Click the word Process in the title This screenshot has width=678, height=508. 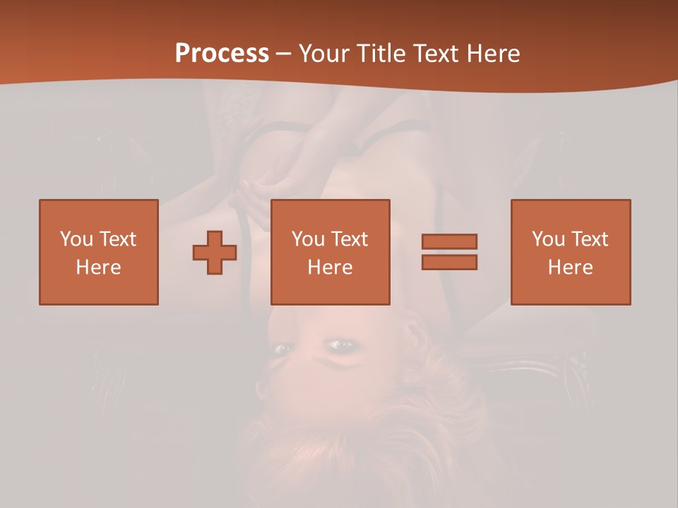[x=222, y=54]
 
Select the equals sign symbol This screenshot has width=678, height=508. [x=449, y=252]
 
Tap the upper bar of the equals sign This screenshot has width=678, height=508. [x=449, y=241]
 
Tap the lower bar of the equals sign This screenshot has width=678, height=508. [x=449, y=262]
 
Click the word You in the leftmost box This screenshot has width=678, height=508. [x=76, y=239]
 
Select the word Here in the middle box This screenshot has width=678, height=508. [x=330, y=267]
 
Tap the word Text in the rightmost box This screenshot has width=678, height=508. [x=589, y=239]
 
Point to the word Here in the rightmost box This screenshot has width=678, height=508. [x=571, y=267]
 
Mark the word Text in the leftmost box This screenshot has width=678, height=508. [x=117, y=239]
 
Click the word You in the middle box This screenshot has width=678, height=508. [x=308, y=239]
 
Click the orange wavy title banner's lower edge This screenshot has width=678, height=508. [x=339, y=83]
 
